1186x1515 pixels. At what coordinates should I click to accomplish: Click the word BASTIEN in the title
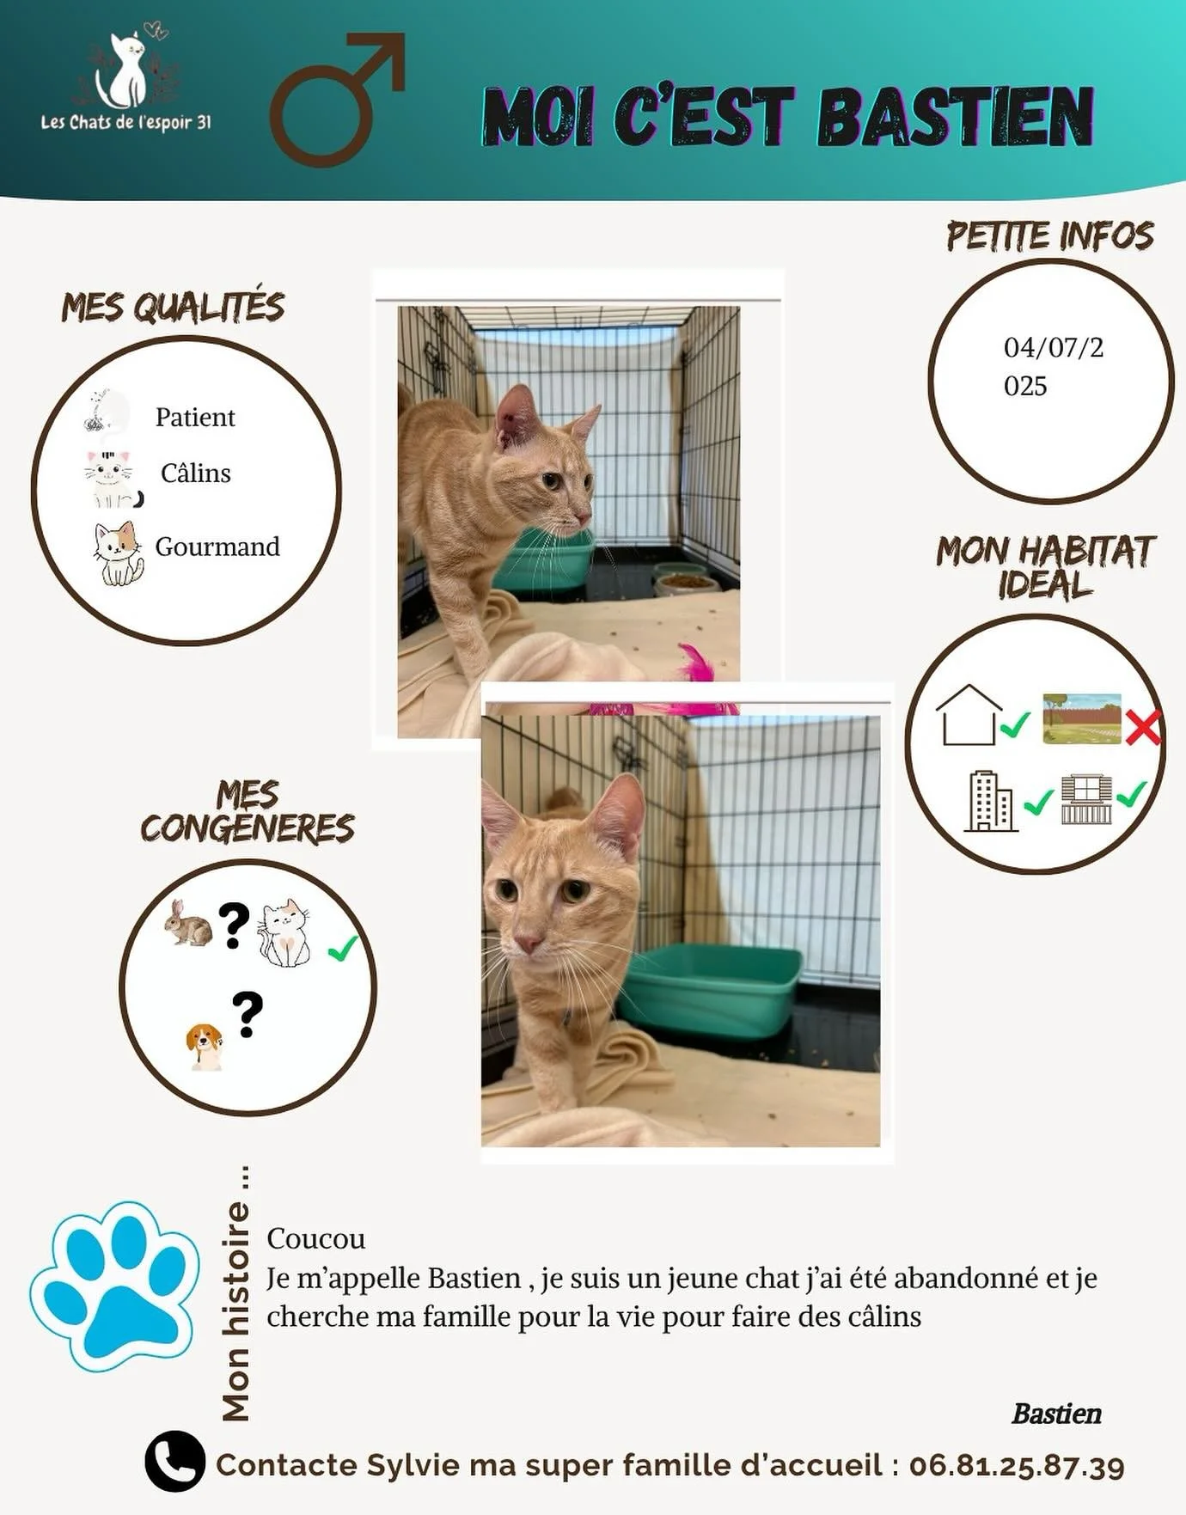click(954, 117)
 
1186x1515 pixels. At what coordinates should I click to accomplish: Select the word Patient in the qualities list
click(195, 418)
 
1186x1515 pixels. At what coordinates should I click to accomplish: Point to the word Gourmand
click(217, 547)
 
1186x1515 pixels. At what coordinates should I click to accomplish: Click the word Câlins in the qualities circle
click(196, 473)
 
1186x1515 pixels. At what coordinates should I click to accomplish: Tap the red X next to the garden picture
click(1143, 729)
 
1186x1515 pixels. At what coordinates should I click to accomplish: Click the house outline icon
click(969, 714)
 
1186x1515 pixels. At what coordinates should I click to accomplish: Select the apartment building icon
click(991, 801)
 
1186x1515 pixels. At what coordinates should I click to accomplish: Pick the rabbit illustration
click(189, 924)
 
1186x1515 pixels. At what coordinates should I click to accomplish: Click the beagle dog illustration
click(205, 1045)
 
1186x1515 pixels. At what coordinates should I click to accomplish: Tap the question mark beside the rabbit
click(233, 925)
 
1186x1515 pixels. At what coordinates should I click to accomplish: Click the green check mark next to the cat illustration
click(342, 949)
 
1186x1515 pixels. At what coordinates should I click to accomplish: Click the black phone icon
click(175, 1461)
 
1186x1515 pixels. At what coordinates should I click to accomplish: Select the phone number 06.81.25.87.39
click(1017, 1465)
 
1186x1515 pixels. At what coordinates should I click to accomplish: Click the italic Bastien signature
click(1056, 1414)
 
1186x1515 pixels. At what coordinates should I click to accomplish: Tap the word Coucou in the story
click(315, 1238)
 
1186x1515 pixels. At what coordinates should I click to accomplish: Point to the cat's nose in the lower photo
click(527, 944)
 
